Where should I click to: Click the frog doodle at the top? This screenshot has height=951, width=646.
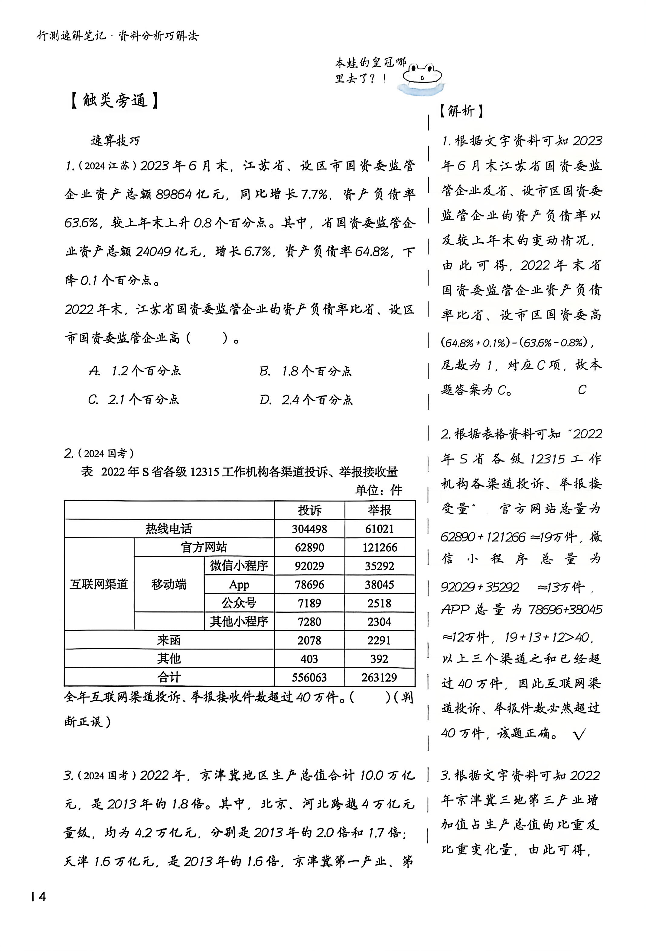pyautogui.click(x=422, y=76)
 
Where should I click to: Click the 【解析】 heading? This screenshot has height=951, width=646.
pyautogui.click(x=461, y=111)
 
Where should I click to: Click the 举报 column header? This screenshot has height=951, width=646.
pyautogui.click(x=379, y=510)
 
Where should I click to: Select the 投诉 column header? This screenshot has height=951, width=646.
pyautogui.click(x=309, y=510)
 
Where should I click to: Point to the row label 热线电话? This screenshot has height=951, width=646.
pyautogui.click(x=168, y=529)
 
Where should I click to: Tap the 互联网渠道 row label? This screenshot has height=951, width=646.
pyautogui.click(x=99, y=584)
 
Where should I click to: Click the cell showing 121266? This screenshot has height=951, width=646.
pyautogui.click(x=379, y=547)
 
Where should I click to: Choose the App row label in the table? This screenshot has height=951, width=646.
pyautogui.click(x=239, y=584)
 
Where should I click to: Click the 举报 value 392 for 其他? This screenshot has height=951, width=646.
pyautogui.click(x=379, y=659)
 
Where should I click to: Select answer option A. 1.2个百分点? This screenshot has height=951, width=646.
pyautogui.click(x=135, y=371)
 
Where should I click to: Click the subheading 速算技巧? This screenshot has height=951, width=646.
pyautogui.click(x=115, y=141)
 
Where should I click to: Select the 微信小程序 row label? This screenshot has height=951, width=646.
pyautogui.click(x=239, y=566)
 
